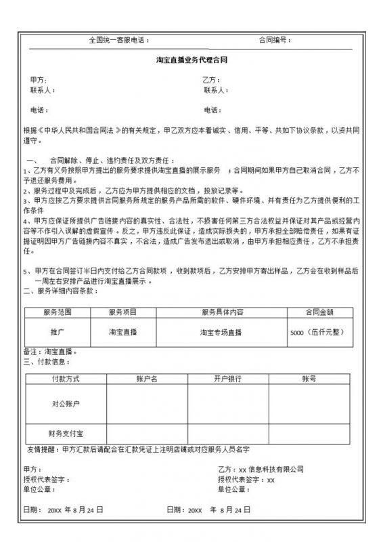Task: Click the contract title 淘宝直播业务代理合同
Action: pos(191,60)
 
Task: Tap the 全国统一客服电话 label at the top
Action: pos(118,40)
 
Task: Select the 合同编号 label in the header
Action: pos(274,40)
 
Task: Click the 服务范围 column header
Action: pos(57,312)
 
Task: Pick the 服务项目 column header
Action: pos(122,312)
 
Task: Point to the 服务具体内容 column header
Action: pos(222,312)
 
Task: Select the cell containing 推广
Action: pos(57,332)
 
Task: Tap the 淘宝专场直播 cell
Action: pos(222,332)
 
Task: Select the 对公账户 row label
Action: pos(66,404)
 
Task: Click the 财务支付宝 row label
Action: pos(66,432)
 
